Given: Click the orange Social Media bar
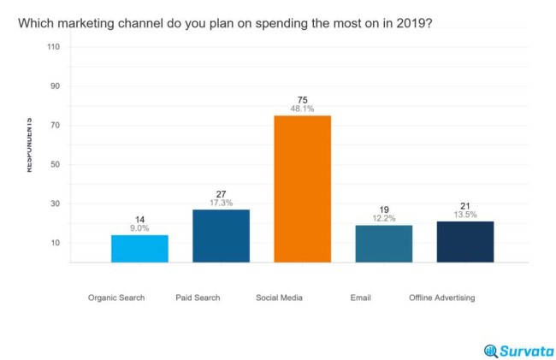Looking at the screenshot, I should click(302, 188).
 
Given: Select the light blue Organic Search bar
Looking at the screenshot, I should click(139, 248).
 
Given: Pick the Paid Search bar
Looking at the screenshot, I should click(221, 235).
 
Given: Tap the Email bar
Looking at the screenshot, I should click(383, 244).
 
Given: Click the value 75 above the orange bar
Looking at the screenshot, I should click(302, 100).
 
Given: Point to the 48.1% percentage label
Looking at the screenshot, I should click(302, 109).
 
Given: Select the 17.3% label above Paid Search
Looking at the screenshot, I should click(221, 203).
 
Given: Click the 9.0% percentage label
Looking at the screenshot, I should click(139, 228).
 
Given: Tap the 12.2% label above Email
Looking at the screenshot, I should click(383, 219).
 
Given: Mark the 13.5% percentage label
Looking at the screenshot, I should click(464, 215).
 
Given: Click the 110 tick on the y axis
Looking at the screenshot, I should click(53, 47).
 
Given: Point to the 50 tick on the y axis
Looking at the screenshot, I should click(55, 164).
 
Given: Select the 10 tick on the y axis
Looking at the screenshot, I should click(55, 243).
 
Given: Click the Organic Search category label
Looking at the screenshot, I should click(116, 298).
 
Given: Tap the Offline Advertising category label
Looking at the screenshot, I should click(441, 298).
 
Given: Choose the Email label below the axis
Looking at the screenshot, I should click(360, 298).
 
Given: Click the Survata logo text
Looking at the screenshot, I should click(525, 351).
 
